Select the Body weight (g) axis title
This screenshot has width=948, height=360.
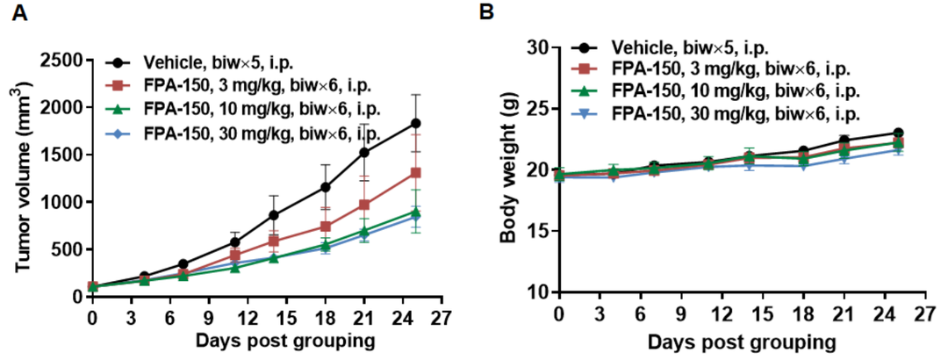coord(507,169)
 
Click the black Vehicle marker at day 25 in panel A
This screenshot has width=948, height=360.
coord(415,124)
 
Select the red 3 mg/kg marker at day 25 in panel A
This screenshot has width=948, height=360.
coord(415,173)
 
